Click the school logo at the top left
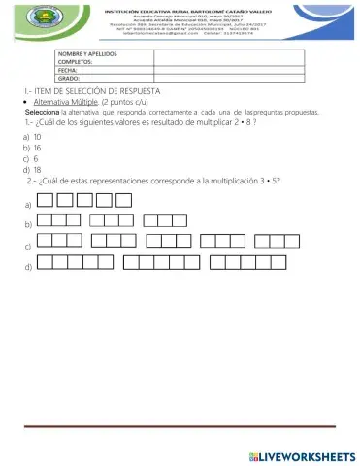45,21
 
